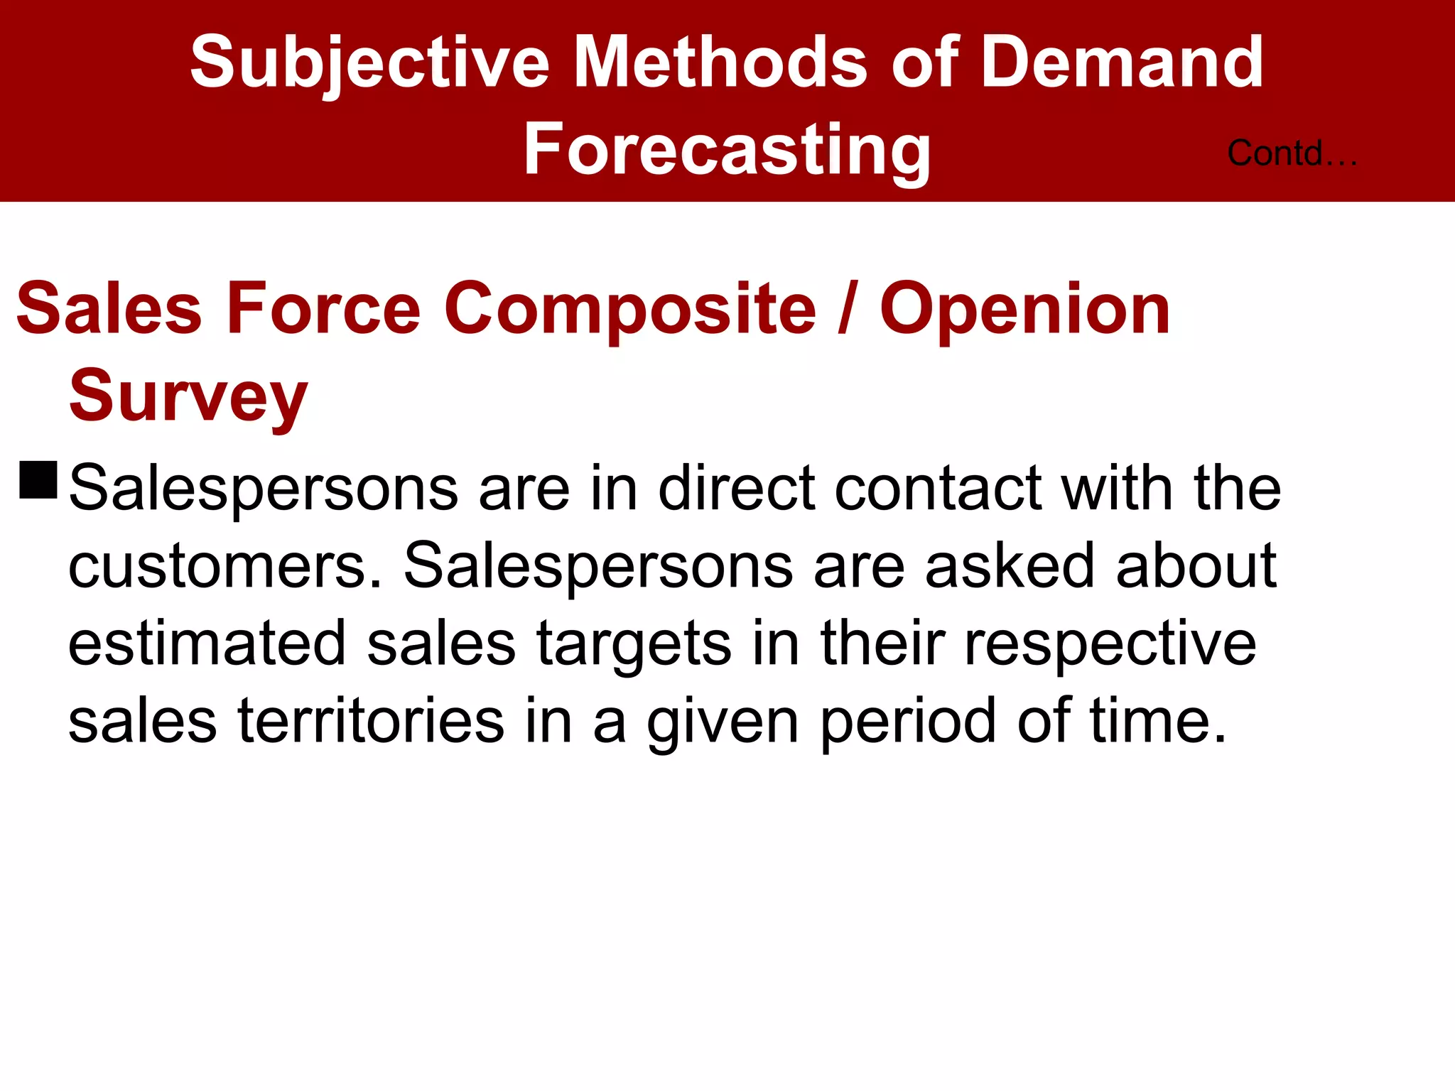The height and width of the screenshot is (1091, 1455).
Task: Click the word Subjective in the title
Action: pyautogui.click(x=369, y=64)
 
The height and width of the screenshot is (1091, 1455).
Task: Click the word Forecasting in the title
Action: pyautogui.click(x=727, y=149)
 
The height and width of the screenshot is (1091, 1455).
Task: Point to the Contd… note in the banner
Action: pyautogui.click(x=1292, y=153)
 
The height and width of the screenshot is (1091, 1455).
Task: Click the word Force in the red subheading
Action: pyautogui.click(x=323, y=308)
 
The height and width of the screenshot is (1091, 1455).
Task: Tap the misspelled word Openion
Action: pyautogui.click(x=1024, y=309)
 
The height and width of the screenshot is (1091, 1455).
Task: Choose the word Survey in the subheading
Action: pyautogui.click(x=188, y=396)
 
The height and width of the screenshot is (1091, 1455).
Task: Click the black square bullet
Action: pyautogui.click(x=38, y=480)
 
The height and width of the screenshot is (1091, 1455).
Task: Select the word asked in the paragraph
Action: pyautogui.click(x=1010, y=566)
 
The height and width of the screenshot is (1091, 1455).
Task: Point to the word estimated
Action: pyautogui.click(x=207, y=644)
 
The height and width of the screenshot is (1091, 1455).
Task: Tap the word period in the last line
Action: pyautogui.click(x=908, y=723)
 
